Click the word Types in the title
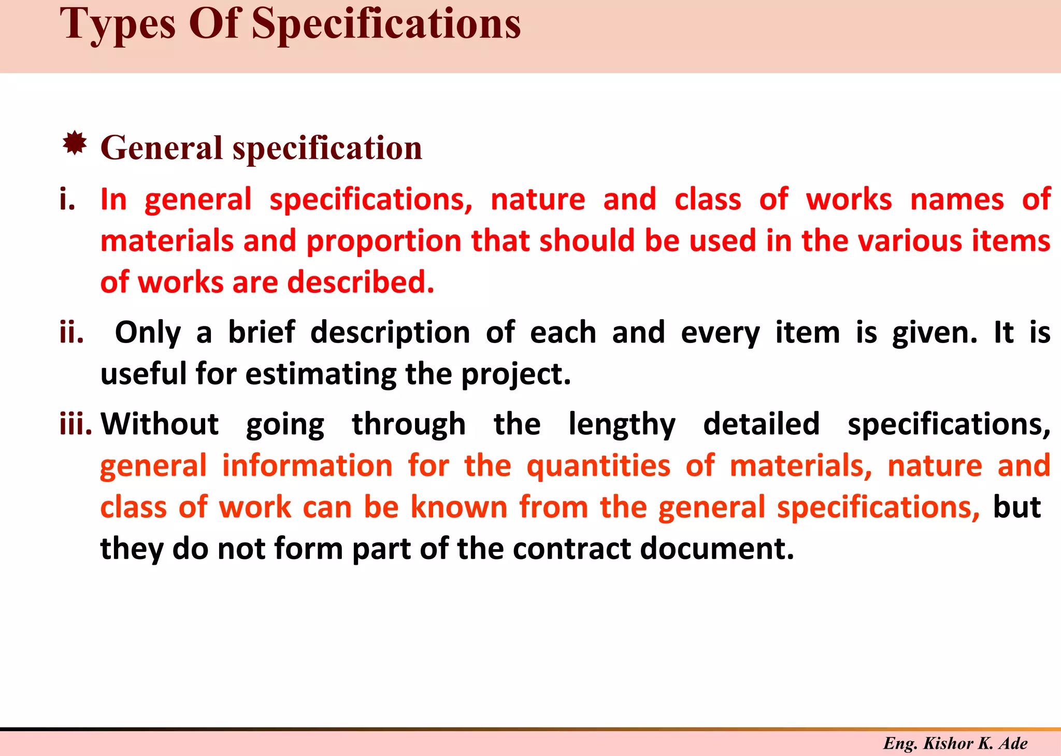pos(118,25)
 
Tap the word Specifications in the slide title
pos(386,25)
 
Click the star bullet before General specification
pos(75,144)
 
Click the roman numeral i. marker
pos(67,200)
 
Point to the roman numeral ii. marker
pos(71,333)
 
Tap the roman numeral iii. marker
pos(76,424)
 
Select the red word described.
pos(361,283)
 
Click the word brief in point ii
pos(262,333)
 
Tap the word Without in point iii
pos(160,424)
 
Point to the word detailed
pos(761,424)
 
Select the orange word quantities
pos(598,466)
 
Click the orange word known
pos(459,507)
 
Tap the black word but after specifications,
pos(1016,507)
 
